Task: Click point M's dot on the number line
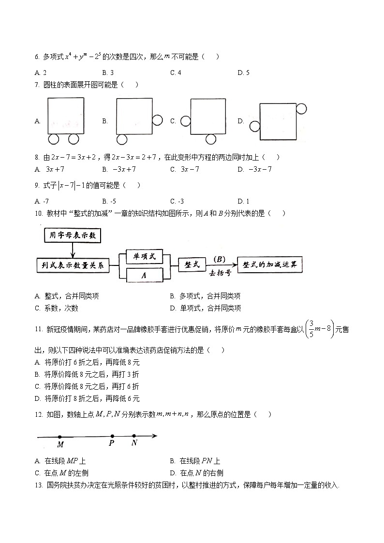[59, 437]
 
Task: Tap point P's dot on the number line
[112, 436]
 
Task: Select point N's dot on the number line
[134, 436]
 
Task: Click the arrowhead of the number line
[155, 436]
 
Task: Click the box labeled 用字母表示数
[72, 236]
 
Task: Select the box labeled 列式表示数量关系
[73, 265]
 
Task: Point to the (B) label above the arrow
[220, 259]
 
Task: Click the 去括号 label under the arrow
[220, 273]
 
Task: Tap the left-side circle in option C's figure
[185, 121]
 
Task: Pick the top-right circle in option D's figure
[301, 108]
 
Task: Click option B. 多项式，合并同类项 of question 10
[205, 296]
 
